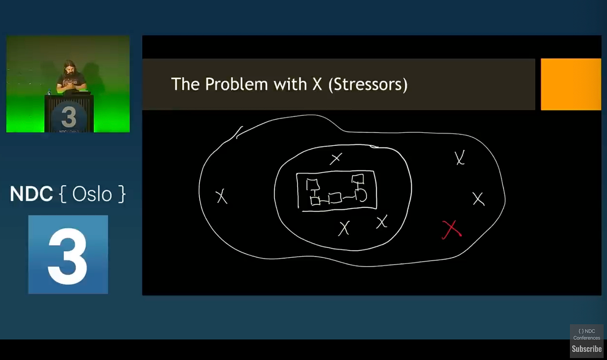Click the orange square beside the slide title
click(571, 85)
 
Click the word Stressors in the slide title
click(368, 85)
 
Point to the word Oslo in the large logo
click(92, 194)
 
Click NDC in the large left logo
click(31, 194)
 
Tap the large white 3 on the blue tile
click(68, 256)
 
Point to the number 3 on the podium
click(69, 117)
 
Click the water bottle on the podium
click(49, 92)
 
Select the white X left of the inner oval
click(221, 196)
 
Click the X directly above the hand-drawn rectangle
click(336, 159)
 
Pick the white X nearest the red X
click(478, 199)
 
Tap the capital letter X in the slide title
click(317, 85)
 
